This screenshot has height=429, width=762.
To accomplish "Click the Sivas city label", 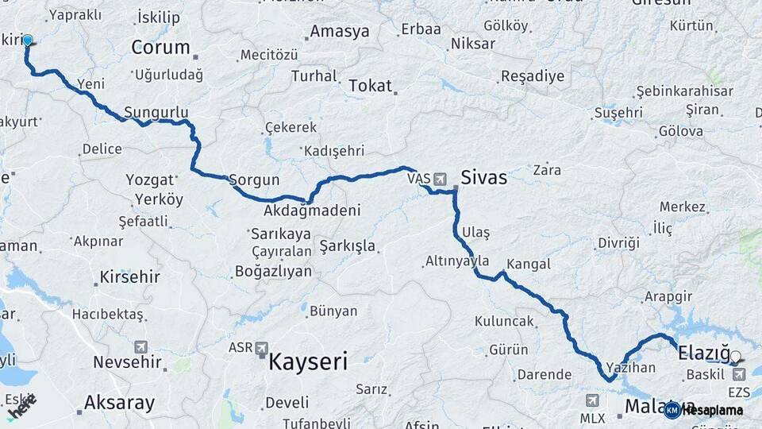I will click(483, 177).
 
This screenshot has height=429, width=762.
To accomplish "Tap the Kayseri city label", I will click(308, 363).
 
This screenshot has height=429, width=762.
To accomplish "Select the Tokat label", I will click(370, 86).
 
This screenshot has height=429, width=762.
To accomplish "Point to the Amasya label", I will click(340, 32).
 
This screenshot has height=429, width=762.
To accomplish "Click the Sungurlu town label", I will click(156, 112).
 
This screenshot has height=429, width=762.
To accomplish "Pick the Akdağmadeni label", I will click(312, 211).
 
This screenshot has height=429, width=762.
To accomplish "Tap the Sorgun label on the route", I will click(254, 180).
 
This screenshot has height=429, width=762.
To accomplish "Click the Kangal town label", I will click(528, 263).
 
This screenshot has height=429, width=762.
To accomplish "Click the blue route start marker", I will click(28, 41).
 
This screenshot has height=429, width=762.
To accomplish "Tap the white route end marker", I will click(735, 357).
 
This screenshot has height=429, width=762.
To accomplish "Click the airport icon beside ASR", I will click(262, 347).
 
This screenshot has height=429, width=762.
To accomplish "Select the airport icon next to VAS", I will click(440, 178).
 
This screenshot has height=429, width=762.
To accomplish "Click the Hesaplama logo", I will click(704, 410).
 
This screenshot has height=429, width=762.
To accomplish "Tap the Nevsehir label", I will click(128, 362).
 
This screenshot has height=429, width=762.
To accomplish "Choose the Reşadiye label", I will click(532, 77).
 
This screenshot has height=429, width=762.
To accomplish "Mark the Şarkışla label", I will click(347, 246).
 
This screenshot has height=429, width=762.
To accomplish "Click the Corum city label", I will click(160, 47).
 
